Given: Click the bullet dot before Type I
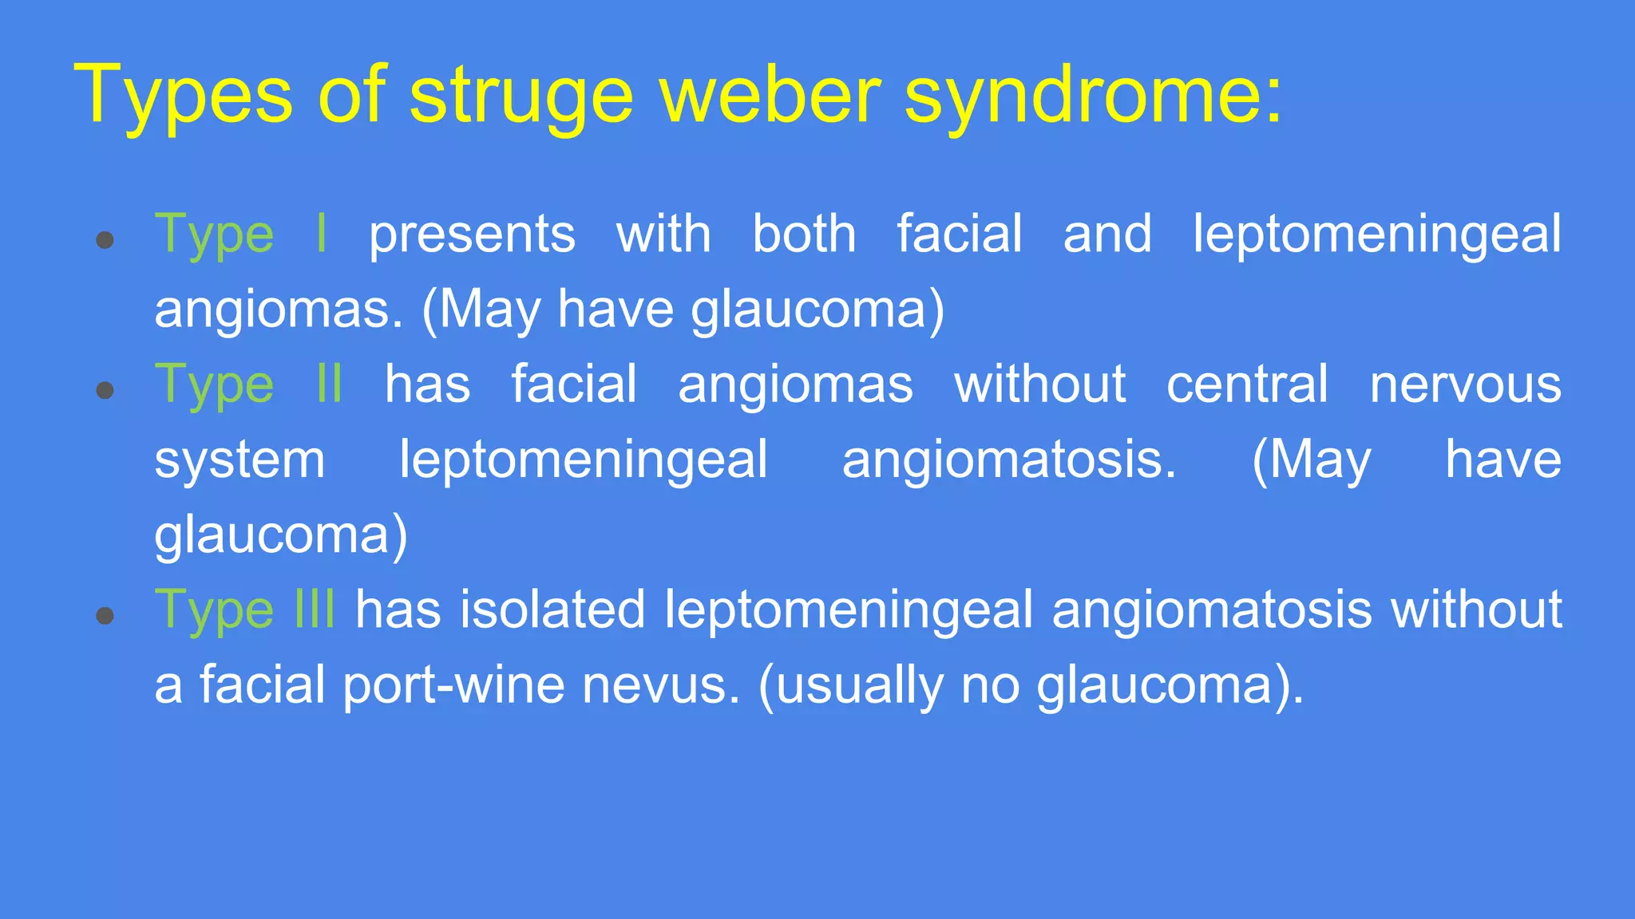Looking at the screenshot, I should coord(105,239).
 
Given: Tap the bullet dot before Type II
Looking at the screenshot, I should coord(105,390).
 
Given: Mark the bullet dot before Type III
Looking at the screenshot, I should coord(105,615).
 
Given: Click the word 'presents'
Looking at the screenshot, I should coord(472,235).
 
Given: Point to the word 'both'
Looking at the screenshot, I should coord(804,235).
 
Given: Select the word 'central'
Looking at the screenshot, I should coord(1247,385).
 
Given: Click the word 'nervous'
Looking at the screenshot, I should coord(1465,385).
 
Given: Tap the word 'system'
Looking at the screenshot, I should coord(240,460).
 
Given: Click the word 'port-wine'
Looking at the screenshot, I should coord(453,684).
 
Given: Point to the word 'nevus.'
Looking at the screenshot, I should coord(661,684).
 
